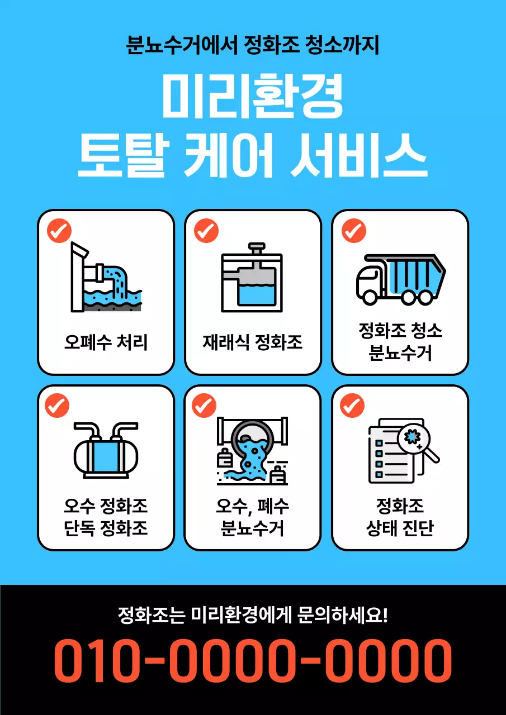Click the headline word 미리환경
click(253, 97)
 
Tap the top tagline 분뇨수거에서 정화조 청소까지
click(253, 45)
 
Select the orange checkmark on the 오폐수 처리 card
click(59, 230)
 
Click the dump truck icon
click(400, 279)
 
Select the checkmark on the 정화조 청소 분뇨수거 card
click(353, 230)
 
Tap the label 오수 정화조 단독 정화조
click(106, 517)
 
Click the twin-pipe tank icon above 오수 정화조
click(106, 451)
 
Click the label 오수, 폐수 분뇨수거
click(253, 517)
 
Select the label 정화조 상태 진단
click(400, 517)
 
